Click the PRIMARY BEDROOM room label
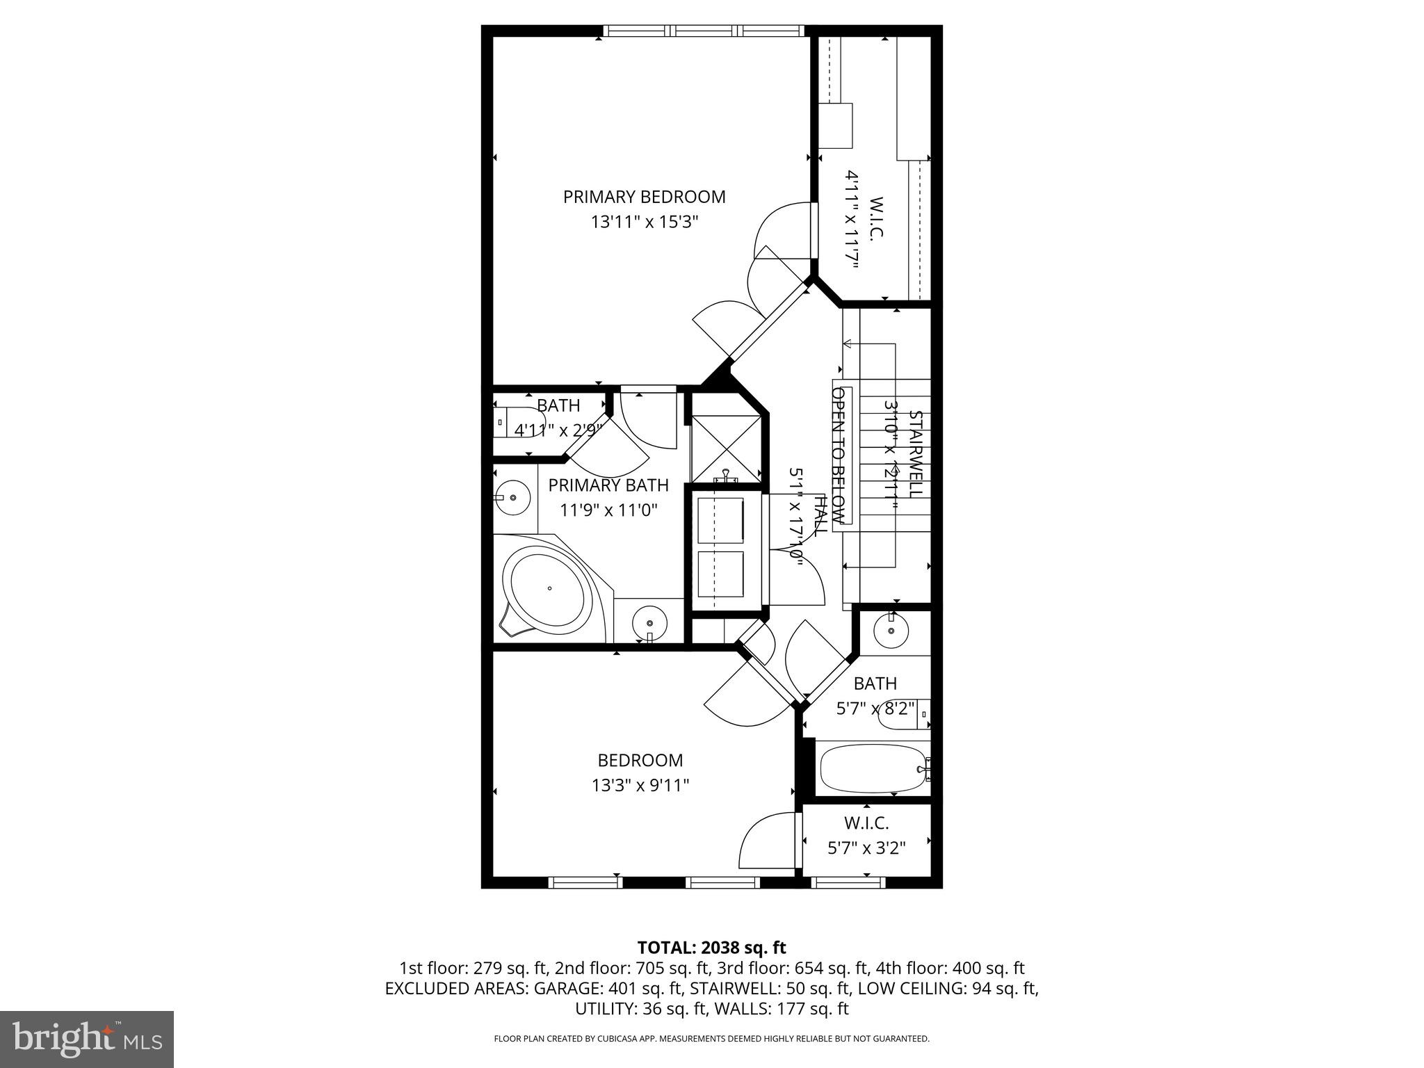click(644, 197)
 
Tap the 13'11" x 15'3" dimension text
click(644, 222)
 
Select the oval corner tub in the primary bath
click(548, 590)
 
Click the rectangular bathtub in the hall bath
click(873, 769)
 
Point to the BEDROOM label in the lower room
click(640, 760)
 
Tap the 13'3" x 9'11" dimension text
click(640, 786)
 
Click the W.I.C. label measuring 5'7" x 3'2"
click(866, 823)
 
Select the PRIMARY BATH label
click(608, 485)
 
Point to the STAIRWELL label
click(916, 453)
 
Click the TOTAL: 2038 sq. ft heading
click(711, 947)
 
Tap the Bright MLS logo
click(86, 1040)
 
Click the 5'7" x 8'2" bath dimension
click(875, 709)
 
